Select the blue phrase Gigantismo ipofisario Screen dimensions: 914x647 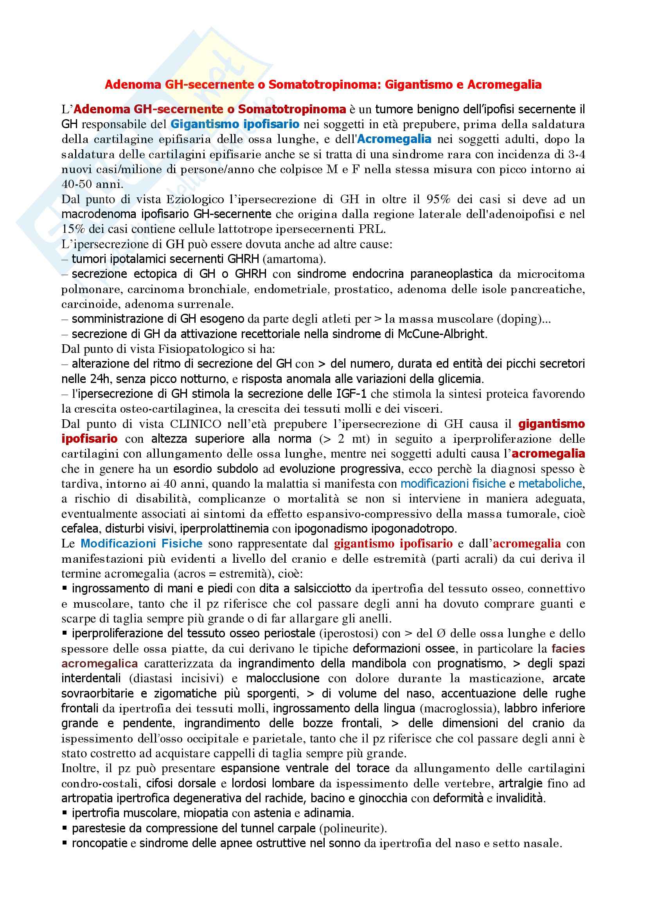235,124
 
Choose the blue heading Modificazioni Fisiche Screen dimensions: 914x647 142,544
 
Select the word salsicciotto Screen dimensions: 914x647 322,588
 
